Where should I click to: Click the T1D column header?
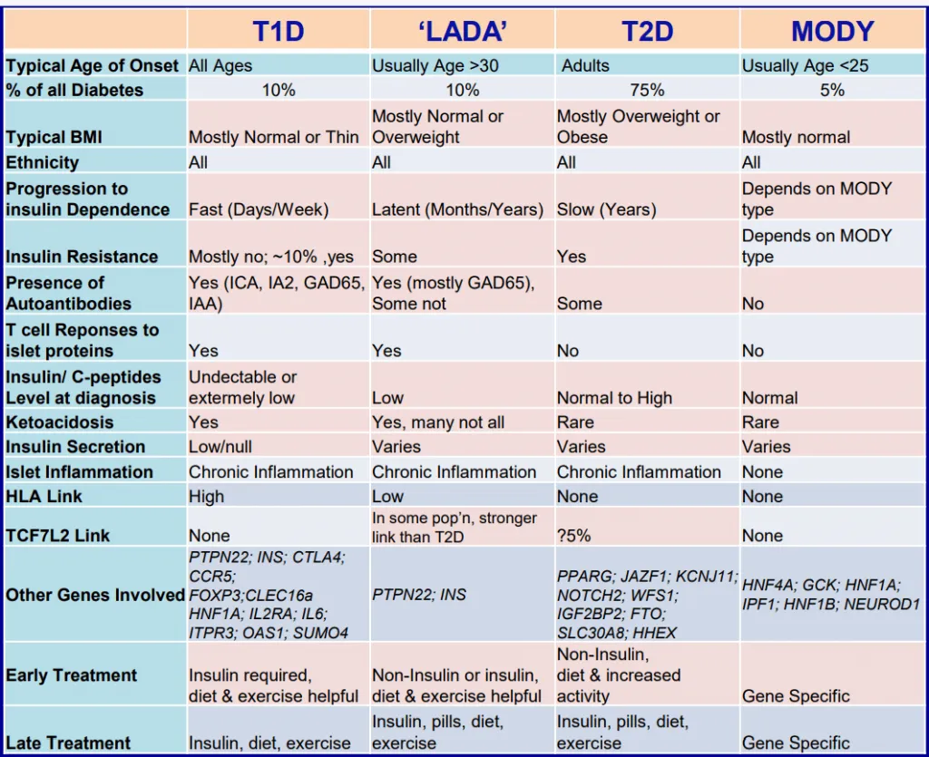pyautogui.click(x=278, y=31)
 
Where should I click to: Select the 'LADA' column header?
pyautogui.click(x=462, y=31)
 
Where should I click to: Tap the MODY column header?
pyautogui.click(x=832, y=31)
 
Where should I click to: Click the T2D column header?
pyautogui.click(x=647, y=31)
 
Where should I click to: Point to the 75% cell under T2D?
pyautogui.click(x=647, y=90)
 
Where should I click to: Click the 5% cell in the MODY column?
pyautogui.click(x=832, y=90)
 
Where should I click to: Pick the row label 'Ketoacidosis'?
pyautogui.click(x=60, y=422)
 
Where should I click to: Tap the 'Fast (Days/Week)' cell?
pyautogui.click(x=259, y=209)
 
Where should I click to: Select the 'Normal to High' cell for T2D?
pyautogui.click(x=614, y=398)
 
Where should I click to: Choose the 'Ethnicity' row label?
pyautogui.click(x=43, y=162)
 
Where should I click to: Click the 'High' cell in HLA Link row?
pyautogui.click(x=207, y=497)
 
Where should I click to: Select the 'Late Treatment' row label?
pyautogui.click(x=68, y=743)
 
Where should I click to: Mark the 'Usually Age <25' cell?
pyautogui.click(x=807, y=65)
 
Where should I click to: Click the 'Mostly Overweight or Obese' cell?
pyautogui.click(x=638, y=127)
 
